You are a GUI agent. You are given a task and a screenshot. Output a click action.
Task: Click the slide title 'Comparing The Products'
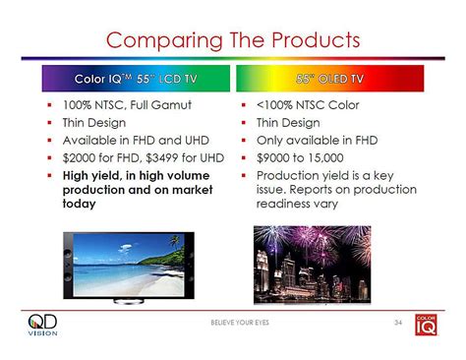[232, 39]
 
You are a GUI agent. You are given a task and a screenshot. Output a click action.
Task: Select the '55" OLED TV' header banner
[328, 78]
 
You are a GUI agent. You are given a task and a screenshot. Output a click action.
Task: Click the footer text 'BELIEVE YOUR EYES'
[234, 324]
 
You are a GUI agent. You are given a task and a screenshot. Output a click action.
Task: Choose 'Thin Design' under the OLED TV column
[291, 123]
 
